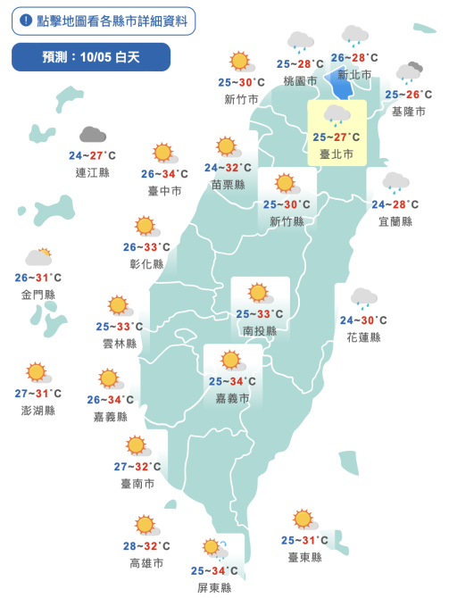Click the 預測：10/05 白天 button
[90, 57]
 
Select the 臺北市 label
[337, 154]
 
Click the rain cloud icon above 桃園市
[300, 42]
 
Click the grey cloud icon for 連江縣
[92, 135]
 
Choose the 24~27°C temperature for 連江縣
[93, 155]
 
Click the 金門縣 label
[37, 294]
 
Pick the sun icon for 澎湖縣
[37, 372]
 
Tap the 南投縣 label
[259, 330]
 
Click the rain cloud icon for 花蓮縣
[363, 298]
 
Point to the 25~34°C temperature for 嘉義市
[232, 381]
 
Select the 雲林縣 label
[120, 343]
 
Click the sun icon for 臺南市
[137, 445]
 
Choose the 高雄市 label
[146, 563]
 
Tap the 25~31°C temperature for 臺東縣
[304, 540]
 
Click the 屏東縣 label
[214, 587]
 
